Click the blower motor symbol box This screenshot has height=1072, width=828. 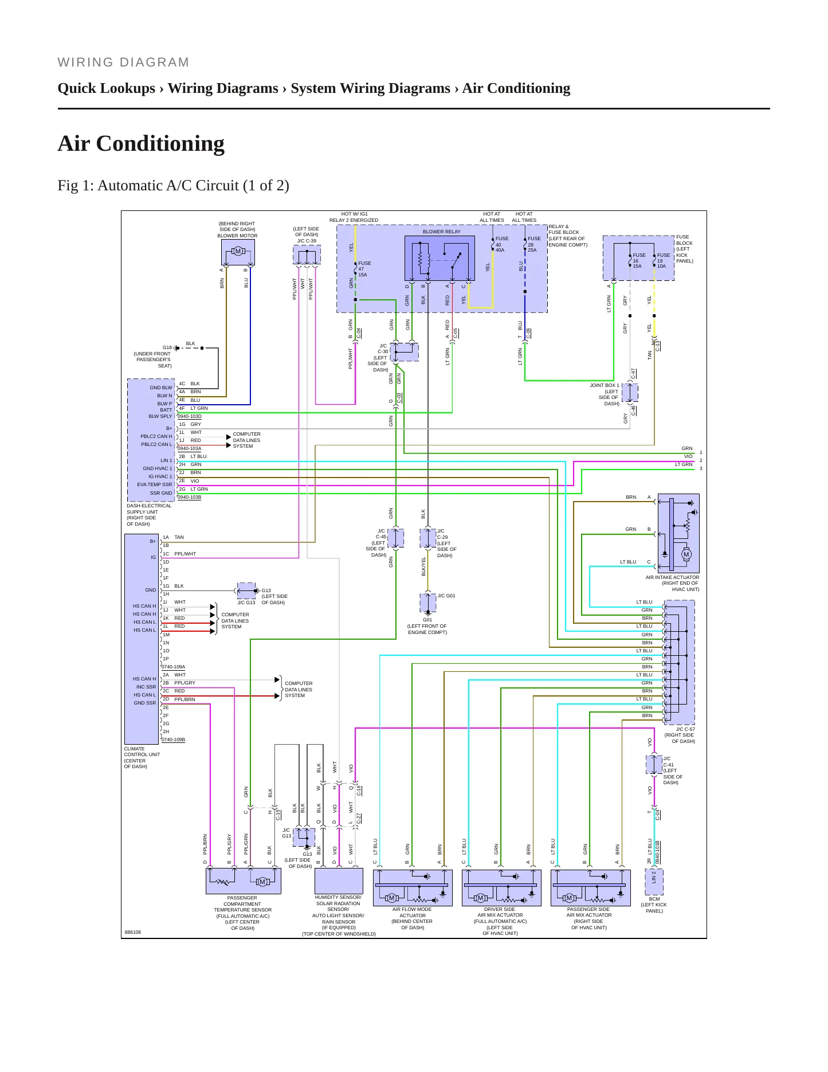pyautogui.click(x=238, y=252)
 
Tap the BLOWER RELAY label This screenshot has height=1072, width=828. pyautogui.click(x=441, y=232)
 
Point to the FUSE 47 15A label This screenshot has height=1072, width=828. pyautogui.click(x=364, y=269)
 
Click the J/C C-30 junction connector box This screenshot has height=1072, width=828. pyautogui.click(x=405, y=352)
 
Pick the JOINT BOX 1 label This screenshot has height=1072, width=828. pyautogui.click(x=605, y=385)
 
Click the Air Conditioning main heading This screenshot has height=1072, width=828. pyautogui.click(x=141, y=143)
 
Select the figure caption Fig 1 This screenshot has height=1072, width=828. pyautogui.click(x=173, y=185)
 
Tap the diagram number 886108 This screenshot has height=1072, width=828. pyautogui.click(x=132, y=932)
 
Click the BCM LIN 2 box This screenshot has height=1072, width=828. pyautogui.click(x=654, y=882)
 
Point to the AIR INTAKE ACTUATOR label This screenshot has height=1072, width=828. pyautogui.click(x=672, y=577)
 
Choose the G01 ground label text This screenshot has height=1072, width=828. pyautogui.click(x=427, y=620)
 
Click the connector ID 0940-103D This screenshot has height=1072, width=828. pyautogui.click(x=189, y=416)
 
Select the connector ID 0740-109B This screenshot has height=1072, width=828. pyautogui.click(x=173, y=740)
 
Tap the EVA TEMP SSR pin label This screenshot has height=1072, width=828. pyautogui.click(x=155, y=484)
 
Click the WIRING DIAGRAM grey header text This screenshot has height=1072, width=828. pyautogui.click(x=123, y=62)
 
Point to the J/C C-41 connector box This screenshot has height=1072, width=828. pyautogui.click(x=654, y=765)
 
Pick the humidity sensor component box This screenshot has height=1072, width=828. pyautogui.click(x=339, y=881)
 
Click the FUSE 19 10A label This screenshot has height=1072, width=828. pyautogui.click(x=663, y=260)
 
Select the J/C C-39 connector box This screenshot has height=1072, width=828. pyautogui.click(x=307, y=255)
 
